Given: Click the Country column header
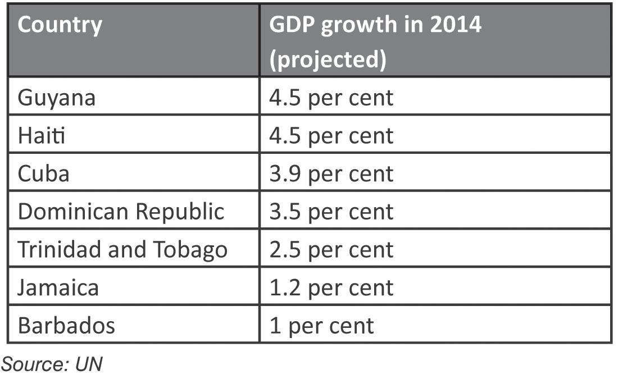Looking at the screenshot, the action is click(60, 26).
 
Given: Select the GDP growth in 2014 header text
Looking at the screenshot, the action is click(375, 25).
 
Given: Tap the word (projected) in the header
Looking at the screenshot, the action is click(328, 60).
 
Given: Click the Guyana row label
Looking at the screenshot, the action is click(57, 97).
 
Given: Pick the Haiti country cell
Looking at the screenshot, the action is click(42, 135).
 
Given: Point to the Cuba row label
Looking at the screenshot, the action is click(44, 173).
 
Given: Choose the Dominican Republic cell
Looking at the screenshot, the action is click(121, 212).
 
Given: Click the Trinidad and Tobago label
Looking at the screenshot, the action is click(123, 250).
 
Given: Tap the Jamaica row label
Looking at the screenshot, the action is click(58, 287).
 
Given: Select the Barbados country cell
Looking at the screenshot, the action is click(67, 326).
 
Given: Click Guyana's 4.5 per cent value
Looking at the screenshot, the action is click(331, 98).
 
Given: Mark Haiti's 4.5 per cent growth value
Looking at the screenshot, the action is click(331, 136).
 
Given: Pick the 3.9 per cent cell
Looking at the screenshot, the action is click(331, 173).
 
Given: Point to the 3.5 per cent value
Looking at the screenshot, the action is click(331, 212).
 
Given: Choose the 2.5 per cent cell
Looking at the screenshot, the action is click(331, 250).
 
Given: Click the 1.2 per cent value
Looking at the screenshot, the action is click(331, 288).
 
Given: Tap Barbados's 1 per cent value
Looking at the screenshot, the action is click(322, 326).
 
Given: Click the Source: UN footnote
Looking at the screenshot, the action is click(52, 364).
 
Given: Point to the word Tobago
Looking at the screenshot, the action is click(190, 250).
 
